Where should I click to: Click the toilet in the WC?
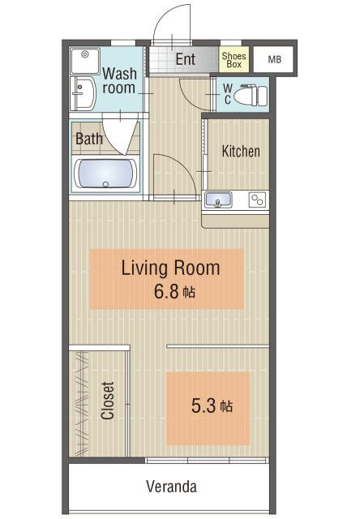pyautogui.click(x=251, y=96)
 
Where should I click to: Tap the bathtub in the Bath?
pyautogui.click(x=105, y=174)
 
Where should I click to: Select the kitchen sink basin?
pyautogui.click(x=218, y=199)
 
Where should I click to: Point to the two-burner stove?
pyautogui.click(x=257, y=199)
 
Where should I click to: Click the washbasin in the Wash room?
pyautogui.click(x=83, y=94)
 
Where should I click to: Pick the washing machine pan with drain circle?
pyautogui.click(x=85, y=62)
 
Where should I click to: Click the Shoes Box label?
pyautogui.click(x=234, y=60)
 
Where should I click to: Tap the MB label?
pyautogui.click(x=275, y=59)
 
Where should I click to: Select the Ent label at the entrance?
pyautogui.click(x=186, y=59)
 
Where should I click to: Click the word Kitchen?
pyautogui.click(x=241, y=152)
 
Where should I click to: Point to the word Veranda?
pyautogui.click(x=171, y=487)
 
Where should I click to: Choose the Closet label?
pyautogui.click(x=108, y=401)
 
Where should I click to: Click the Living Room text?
pyautogui.click(x=170, y=268)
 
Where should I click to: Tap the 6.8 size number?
pyautogui.click(x=166, y=292)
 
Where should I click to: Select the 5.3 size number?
pyautogui.click(x=204, y=405)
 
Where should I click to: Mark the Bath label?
pyautogui.click(x=89, y=139)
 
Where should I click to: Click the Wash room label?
pyautogui.click(x=119, y=80)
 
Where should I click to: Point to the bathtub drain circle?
pyautogui.click(x=105, y=184)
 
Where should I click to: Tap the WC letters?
pyautogui.click(x=228, y=94)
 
